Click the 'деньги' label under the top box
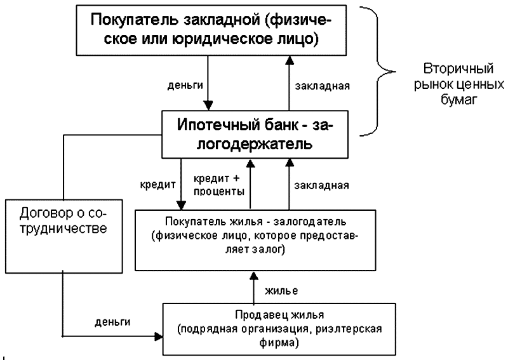click(183, 83)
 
